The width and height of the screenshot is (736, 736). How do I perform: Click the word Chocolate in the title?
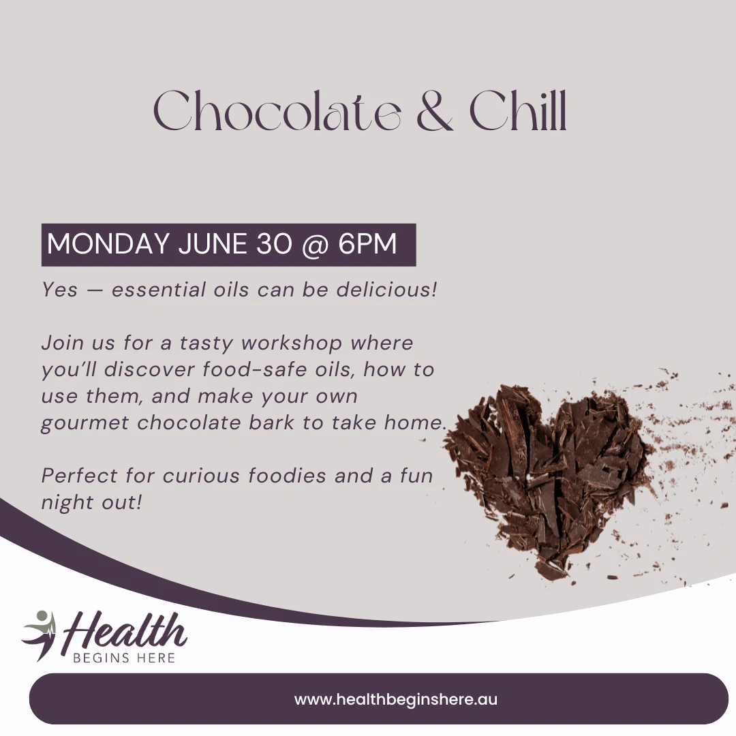pyautogui.click(x=277, y=111)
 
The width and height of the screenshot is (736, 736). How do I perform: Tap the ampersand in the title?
pyautogui.click(x=435, y=111)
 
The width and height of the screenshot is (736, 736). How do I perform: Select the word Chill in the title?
pyautogui.click(x=518, y=111)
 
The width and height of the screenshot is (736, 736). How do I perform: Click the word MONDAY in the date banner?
pyautogui.click(x=108, y=243)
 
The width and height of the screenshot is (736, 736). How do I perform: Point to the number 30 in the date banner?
pyautogui.click(x=274, y=243)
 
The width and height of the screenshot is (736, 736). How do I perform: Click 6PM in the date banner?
pyautogui.click(x=367, y=243)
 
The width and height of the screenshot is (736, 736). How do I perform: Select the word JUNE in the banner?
pyautogui.click(x=213, y=243)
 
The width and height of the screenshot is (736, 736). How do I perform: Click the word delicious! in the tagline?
pyautogui.click(x=387, y=289)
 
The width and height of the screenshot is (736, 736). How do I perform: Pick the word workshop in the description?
pyautogui.click(x=292, y=343)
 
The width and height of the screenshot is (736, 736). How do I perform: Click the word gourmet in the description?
pyautogui.click(x=85, y=423)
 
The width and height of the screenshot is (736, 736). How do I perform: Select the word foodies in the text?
pyautogui.click(x=287, y=476)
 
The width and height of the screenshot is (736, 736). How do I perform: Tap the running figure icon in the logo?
pyautogui.click(x=40, y=634)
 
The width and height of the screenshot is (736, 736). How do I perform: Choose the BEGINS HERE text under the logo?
pyautogui.click(x=124, y=658)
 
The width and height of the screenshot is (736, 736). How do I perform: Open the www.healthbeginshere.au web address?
pyautogui.click(x=396, y=699)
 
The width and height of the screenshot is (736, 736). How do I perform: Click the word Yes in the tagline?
pyautogui.click(x=59, y=289)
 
